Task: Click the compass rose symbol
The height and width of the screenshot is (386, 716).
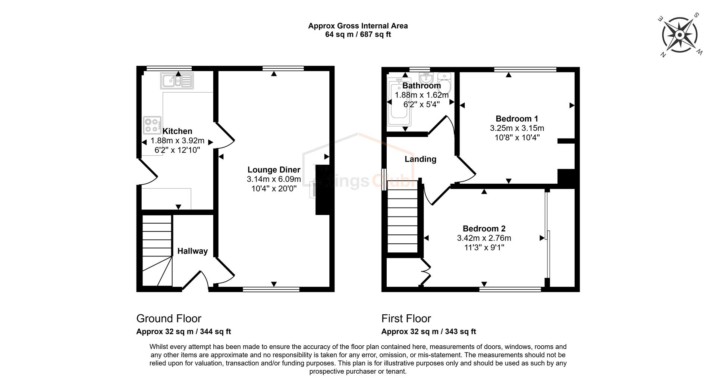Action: pyautogui.click(x=680, y=35)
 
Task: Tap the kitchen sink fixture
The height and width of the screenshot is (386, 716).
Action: pyautogui.click(x=177, y=81)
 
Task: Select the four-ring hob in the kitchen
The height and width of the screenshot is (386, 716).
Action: pyautogui.click(x=152, y=125)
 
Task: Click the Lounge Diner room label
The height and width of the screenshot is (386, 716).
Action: pyautogui.click(x=274, y=170)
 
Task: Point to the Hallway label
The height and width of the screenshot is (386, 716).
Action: pyautogui.click(x=192, y=251)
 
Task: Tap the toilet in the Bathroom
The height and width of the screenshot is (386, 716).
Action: pyautogui.click(x=445, y=83)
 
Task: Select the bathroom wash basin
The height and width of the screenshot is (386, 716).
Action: pyautogui.click(x=425, y=79)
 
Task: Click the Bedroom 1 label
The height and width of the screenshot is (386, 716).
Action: pyautogui.click(x=516, y=119)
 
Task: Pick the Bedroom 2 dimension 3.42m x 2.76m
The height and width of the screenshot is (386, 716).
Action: pyautogui.click(x=484, y=238)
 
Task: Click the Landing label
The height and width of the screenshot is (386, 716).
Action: pyautogui.click(x=420, y=159)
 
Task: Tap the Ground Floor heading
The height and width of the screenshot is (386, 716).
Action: pyautogui.click(x=169, y=318)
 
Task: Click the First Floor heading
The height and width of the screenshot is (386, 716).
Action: pyautogui.click(x=406, y=318)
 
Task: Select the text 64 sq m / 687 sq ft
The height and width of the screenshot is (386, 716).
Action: pyautogui.click(x=358, y=35)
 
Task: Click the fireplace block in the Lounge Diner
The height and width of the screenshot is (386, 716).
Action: pyautogui.click(x=322, y=190)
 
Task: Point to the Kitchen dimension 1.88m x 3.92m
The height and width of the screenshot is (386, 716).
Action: pyautogui.click(x=177, y=141)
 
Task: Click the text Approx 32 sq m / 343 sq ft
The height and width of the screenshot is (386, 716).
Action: pyautogui.click(x=428, y=331)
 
